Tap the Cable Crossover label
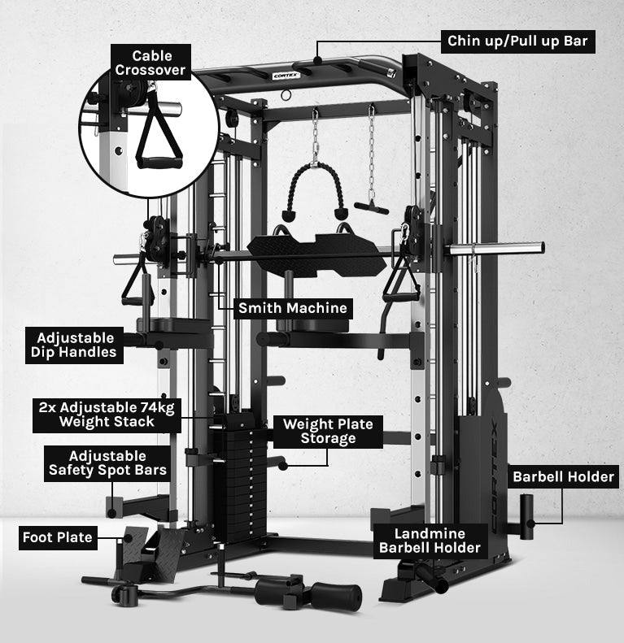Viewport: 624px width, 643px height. (151, 63)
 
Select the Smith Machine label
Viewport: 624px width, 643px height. (292, 308)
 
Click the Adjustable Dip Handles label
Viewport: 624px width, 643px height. (75, 345)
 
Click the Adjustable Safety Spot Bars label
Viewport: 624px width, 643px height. (107, 463)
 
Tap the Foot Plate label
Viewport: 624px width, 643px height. (57, 537)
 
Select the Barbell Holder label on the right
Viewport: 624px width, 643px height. (563, 476)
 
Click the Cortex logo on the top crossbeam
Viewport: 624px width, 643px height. (286, 76)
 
